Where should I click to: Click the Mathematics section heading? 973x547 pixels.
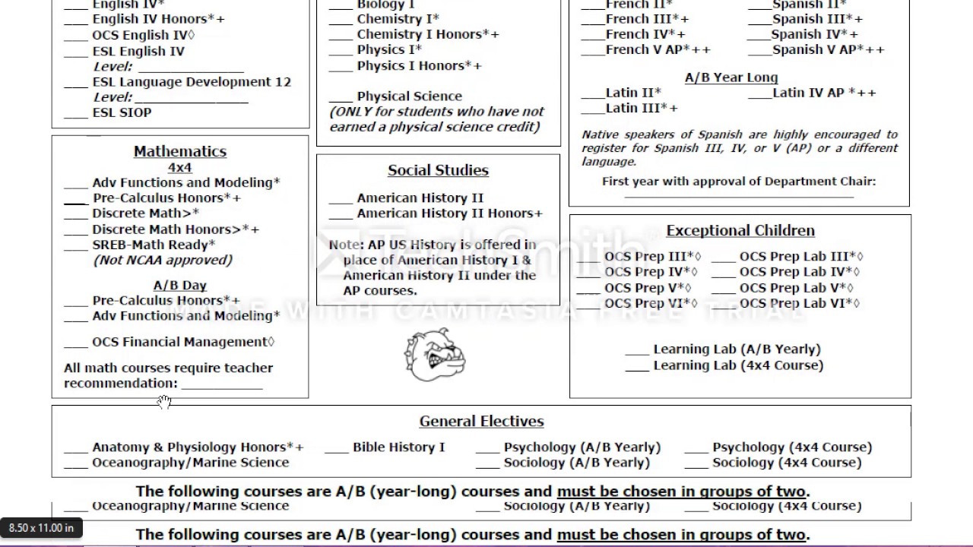click(180, 151)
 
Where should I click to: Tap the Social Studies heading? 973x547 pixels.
click(438, 170)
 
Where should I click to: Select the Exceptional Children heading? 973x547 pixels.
click(740, 230)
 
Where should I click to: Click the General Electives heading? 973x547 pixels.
click(481, 421)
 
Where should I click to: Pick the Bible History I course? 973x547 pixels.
click(398, 447)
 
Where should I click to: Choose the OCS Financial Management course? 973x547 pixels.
click(182, 342)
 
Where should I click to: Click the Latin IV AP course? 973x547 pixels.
click(824, 93)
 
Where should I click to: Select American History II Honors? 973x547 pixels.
click(449, 213)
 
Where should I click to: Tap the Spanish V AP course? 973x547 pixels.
click(828, 49)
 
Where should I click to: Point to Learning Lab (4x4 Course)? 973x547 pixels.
click(737, 365)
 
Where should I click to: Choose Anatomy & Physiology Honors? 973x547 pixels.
click(198, 447)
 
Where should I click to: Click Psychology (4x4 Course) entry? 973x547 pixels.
click(791, 447)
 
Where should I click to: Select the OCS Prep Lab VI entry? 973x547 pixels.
click(799, 303)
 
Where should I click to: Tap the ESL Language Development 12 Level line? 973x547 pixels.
click(192, 98)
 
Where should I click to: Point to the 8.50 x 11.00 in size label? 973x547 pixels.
click(41, 527)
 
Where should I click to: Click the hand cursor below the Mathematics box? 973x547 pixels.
click(164, 402)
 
